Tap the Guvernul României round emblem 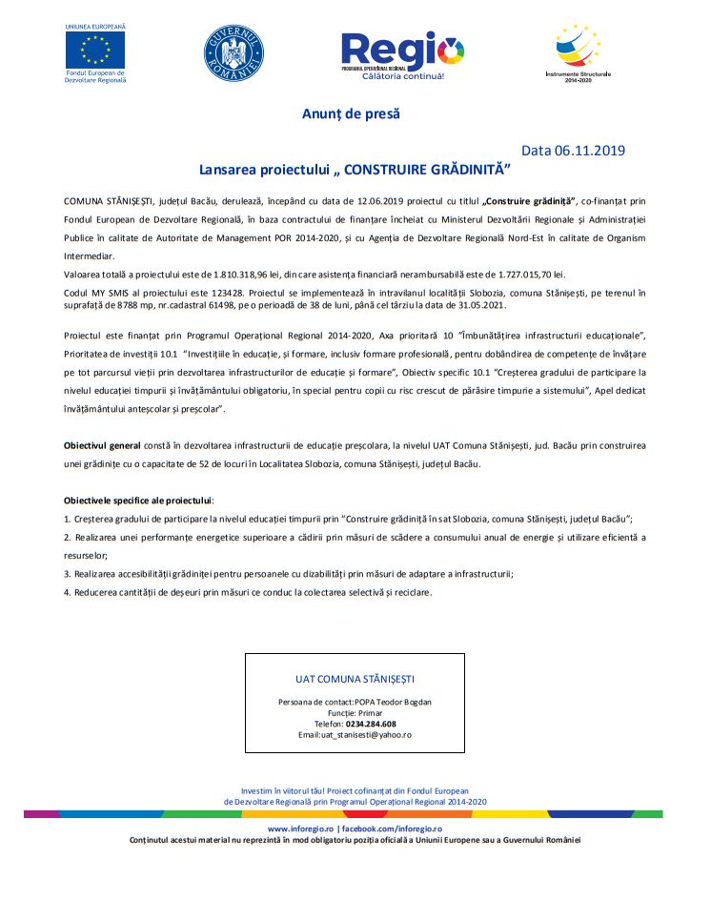pos(234,51)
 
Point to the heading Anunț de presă pos(351,113)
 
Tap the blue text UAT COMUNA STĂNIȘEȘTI pos(355,679)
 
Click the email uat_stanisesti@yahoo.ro pos(366,735)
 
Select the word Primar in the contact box pos(368,713)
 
